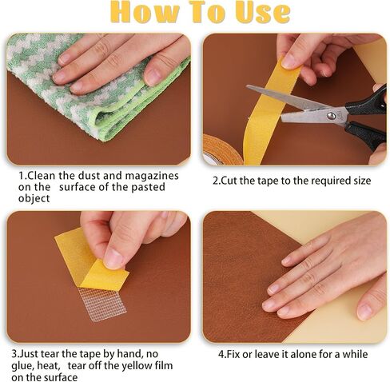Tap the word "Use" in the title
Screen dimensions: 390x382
click(262, 11)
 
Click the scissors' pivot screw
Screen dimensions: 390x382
click(331, 115)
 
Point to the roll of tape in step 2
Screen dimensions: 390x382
click(222, 149)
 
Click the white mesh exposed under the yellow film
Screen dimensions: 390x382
click(102, 304)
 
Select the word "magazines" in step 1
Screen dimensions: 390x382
click(152, 177)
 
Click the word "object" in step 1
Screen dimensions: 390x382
click(34, 199)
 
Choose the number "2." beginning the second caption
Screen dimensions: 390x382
click(217, 181)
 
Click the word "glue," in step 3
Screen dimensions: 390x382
click(22, 366)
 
